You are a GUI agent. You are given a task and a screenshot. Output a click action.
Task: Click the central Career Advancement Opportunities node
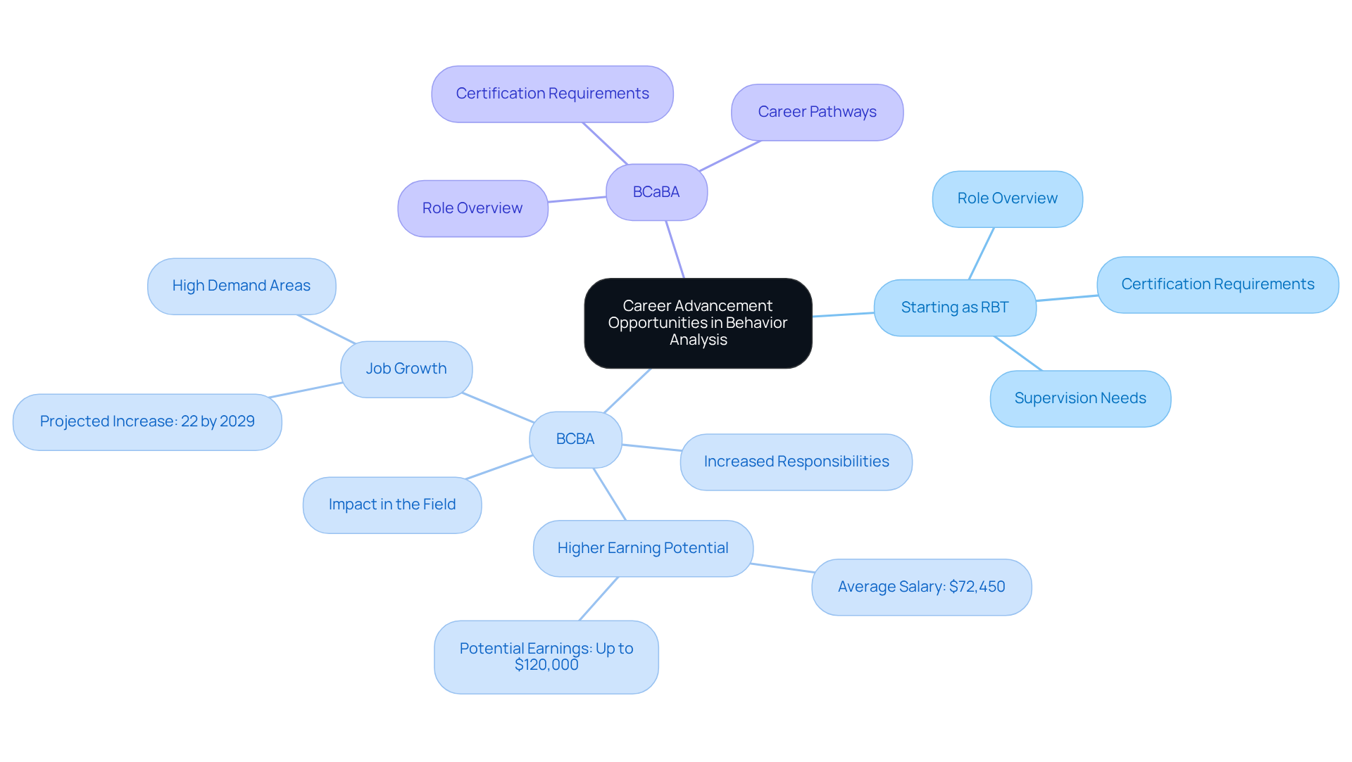click(x=698, y=323)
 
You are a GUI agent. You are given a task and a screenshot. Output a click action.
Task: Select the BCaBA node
click(x=656, y=192)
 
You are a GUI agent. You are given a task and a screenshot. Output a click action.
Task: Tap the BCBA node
click(x=575, y=439)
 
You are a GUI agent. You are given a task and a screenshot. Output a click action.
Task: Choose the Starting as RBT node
click(x=954, y=307)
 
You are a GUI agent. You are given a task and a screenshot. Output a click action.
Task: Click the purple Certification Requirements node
click(x=552, y=94)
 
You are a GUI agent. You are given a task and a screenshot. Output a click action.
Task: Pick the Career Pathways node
click(x=817, y=112)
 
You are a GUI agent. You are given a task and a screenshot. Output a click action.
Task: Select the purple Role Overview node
click(x=472, y=208)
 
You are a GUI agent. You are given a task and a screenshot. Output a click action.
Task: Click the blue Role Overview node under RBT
click(x=1007, y=198)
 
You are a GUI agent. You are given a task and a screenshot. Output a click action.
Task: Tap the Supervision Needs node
click(x=1080, y=398)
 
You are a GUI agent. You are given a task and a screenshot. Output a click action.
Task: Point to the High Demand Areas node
click(x=242, y=286)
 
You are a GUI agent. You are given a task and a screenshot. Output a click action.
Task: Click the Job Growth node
click(x=406, y=369)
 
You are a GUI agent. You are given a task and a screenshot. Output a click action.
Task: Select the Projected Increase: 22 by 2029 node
click(x=147, y=421)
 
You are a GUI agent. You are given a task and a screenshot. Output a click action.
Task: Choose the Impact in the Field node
click(x=392, y=504)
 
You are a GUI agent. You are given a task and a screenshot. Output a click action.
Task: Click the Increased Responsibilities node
click(x=796, y=462)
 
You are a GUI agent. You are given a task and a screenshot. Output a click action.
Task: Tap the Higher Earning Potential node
click(x=643, y=548)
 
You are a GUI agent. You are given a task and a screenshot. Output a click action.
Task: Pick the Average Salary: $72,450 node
click(x=921, y=587)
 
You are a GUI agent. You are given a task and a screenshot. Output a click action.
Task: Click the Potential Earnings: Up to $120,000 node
click(x=546, y=656)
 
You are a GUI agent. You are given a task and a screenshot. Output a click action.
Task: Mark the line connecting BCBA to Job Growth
click(x=498, y=407)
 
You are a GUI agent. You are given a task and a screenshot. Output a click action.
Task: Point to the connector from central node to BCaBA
click(x=675, y=250)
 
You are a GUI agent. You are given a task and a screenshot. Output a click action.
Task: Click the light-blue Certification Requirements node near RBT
click(x=1218, y=284)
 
